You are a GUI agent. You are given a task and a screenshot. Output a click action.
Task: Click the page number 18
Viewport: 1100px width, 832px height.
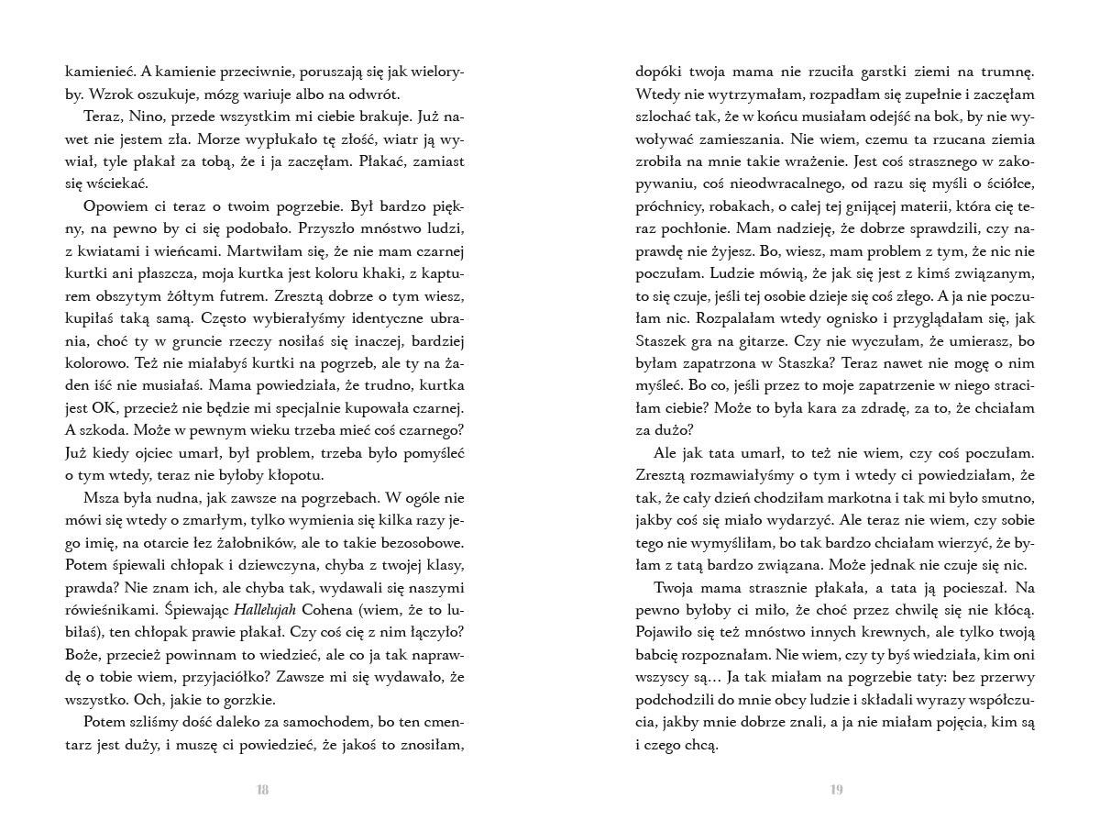click(x=262, y=791)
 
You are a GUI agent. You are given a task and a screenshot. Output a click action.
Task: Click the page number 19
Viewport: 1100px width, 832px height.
click(x=836, y=791)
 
